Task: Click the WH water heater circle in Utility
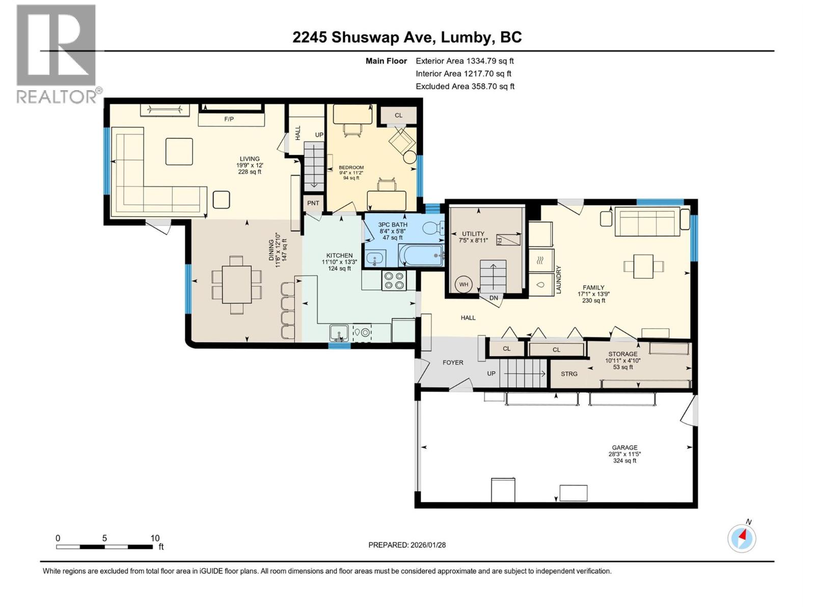pos(464,285)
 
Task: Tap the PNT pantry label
pos(313,203)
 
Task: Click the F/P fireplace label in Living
pos(229,119)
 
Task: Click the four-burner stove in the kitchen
pos(394,281)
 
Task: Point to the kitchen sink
pos(338,333)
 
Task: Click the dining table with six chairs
pos(236,285)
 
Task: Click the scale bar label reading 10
pos(155,538)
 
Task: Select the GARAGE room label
pos(624,448)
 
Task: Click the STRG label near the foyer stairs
pos(569,374)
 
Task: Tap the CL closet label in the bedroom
pos(398,115)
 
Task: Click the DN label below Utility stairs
pos(494,298)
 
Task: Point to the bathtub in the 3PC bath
pos(421,255)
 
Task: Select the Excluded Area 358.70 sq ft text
pos(465,86)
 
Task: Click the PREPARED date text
pos(407,545)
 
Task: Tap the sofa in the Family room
pos(647,222)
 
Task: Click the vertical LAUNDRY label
pos(558,280)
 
